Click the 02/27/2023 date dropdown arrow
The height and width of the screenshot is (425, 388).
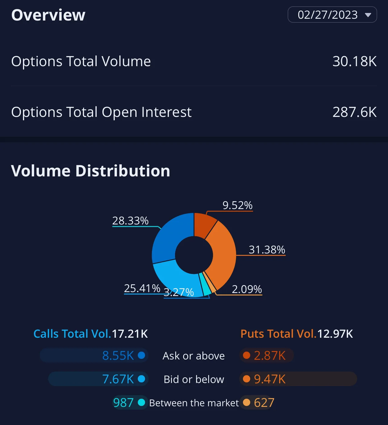point(368,15)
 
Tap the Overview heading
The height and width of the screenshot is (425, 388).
point(48,15)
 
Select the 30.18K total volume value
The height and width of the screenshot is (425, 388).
point(354,61)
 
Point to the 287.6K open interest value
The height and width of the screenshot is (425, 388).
point(354,112)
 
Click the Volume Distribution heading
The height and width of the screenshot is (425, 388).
point(91,171)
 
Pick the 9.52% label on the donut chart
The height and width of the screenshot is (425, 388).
point(238,205)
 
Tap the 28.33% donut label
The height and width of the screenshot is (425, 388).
point(131,221)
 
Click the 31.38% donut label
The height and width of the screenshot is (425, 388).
point(267,250)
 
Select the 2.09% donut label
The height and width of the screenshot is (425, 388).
point(247,289)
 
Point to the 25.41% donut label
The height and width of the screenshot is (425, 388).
point(142,288)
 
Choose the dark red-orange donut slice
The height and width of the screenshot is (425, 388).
point(204,224)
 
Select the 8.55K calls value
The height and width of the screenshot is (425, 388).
point(118,356)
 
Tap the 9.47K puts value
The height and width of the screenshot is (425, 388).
point(270,379)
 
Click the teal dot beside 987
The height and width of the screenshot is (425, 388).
point(141,402)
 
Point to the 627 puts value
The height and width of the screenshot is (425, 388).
point(264,403)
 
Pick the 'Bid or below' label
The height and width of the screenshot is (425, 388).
point(194,379)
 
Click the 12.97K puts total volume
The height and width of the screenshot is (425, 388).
point(335,334)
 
